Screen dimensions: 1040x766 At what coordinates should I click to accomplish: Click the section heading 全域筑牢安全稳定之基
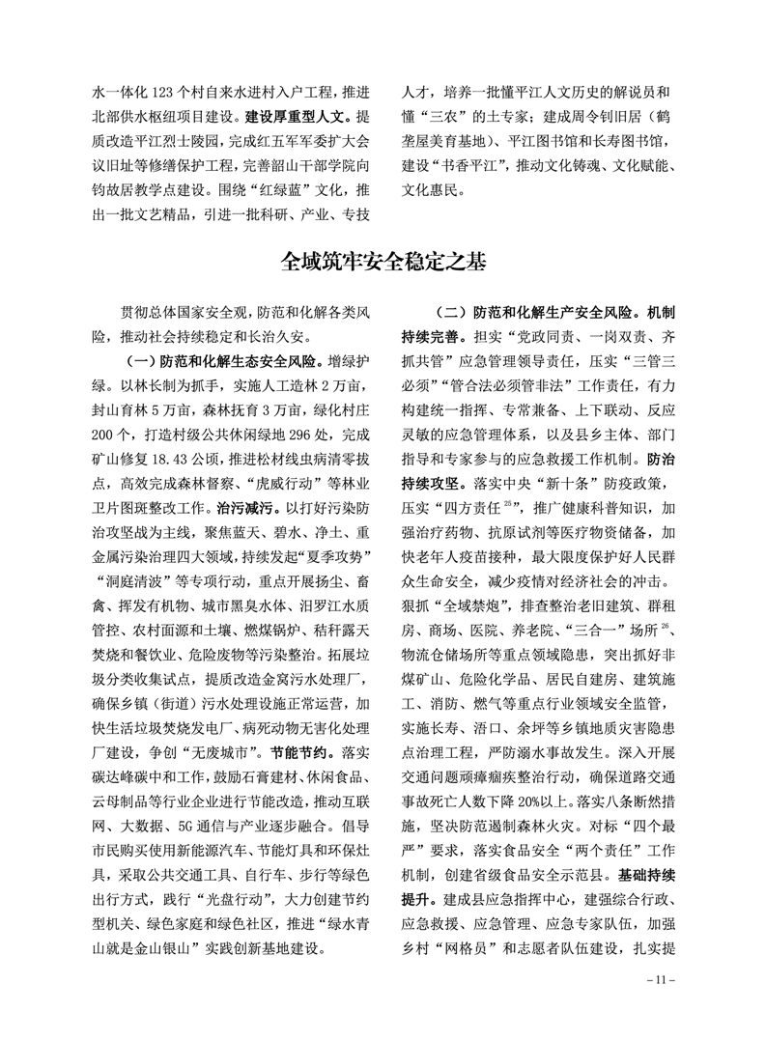[383, 261]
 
